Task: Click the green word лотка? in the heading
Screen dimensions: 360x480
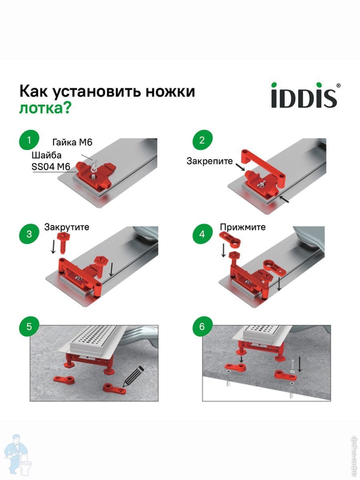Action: (45, 108)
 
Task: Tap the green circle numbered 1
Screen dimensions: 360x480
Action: (29, 140)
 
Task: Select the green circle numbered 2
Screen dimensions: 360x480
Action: (202, 140)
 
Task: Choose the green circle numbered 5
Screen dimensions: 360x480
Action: (29, 326)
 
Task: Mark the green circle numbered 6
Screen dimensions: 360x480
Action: (202, 326)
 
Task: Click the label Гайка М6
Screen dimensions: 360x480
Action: (72, 142)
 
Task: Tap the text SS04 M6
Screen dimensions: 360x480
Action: (51, 167)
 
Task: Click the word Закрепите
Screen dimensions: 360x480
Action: (210, 161)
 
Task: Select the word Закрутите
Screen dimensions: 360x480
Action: (67, 227)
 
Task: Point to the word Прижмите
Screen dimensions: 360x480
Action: (243, 227)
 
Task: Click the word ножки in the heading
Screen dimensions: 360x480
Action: (170, 92)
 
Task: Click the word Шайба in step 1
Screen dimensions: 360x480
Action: (46, 156)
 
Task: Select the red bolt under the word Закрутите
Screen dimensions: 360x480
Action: (62, 243)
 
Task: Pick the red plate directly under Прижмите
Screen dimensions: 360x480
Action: (230, 239)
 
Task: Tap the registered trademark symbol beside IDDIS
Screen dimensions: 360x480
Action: (338, 86)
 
